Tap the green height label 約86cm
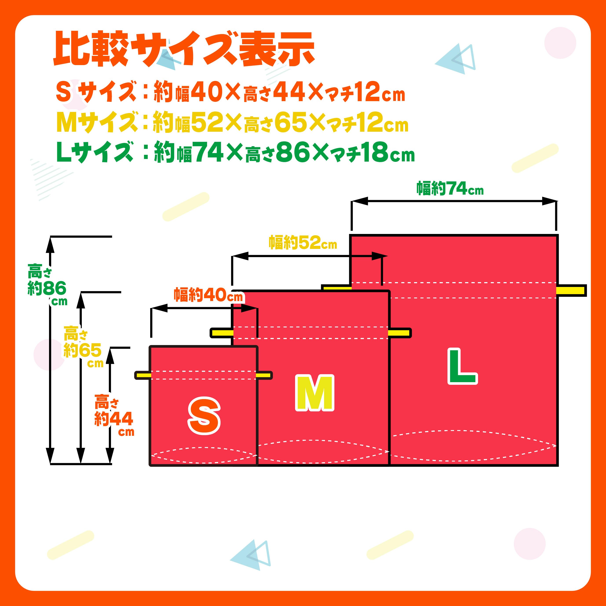(x=47, y=288)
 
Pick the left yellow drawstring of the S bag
(x=143, y=375)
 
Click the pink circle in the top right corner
(x=560, y=43)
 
